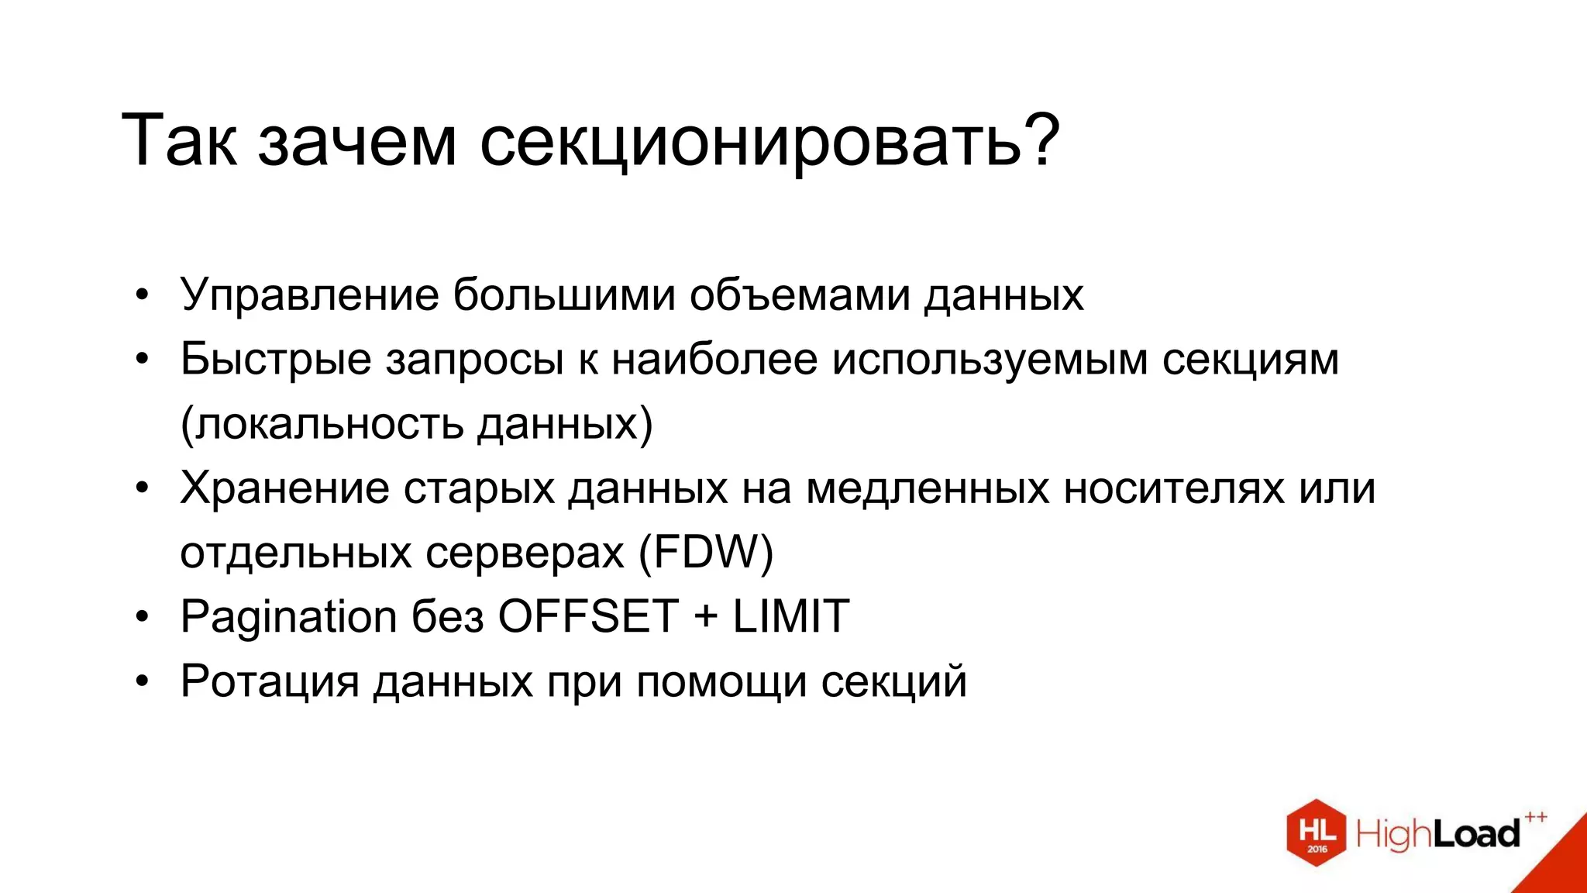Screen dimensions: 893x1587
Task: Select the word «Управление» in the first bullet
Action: coord(309,295)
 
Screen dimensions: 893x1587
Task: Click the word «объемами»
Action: coord(799,295)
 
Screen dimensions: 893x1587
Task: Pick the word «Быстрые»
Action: coord(276,360)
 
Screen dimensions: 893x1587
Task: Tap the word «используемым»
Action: coord(990,361)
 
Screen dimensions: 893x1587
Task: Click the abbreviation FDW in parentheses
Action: coord(706,553)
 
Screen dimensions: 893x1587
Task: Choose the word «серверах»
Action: coord(525,553)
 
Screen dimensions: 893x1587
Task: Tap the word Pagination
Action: coord(288,618)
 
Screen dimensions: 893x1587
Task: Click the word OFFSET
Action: coord(588,617)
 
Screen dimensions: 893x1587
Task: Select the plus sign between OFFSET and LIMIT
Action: coord(705,618)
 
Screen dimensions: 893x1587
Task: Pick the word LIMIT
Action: coord(790,617)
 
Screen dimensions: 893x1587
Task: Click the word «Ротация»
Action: coord(270,682)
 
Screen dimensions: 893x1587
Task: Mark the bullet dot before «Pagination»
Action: coord(141,618)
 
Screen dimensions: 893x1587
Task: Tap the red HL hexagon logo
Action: coord(1316,833)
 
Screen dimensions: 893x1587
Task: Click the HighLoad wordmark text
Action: coord(1437,834)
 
